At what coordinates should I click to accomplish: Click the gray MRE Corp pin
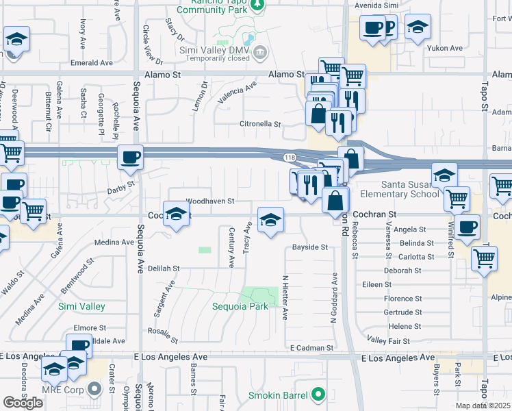(95, 389)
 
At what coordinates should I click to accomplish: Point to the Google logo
(23, 402)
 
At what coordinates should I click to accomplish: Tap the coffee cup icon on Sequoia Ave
(130, 158)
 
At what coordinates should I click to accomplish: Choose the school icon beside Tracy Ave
(270, 220)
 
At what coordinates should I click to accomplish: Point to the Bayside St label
(310, 247)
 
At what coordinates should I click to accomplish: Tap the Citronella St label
(259, 124)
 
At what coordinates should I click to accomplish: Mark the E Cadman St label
(311, 348)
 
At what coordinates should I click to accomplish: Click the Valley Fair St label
(388, 340)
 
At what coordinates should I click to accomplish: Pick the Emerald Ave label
(91, 62)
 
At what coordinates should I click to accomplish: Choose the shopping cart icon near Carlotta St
(484, 258)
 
